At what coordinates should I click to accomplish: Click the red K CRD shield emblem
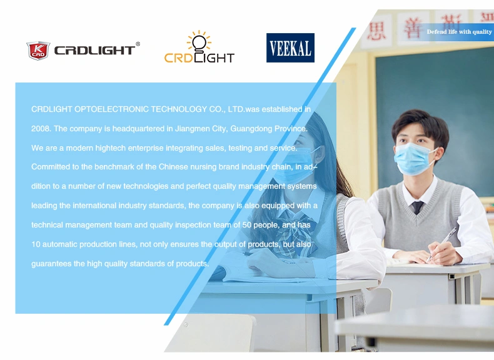coord(38,51)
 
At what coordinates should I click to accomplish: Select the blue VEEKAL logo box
coord(290,48)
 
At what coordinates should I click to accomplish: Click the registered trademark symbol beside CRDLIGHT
coord(138,44)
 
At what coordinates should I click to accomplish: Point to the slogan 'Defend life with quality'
coord(459,32)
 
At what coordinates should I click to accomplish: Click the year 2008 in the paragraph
coord(40,129)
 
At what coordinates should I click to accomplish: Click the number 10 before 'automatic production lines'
coord(36,244)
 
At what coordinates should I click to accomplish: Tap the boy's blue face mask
coord(413,158)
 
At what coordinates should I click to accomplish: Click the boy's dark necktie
coord(418,207)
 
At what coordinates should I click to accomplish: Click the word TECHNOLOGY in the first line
coord(179,109)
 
